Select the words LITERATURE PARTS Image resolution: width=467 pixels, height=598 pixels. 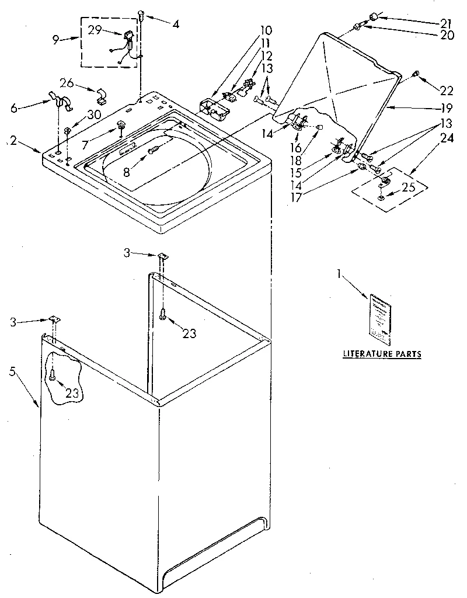(x=382, y=354)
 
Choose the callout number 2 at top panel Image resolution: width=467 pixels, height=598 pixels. (x=14, y=140)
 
